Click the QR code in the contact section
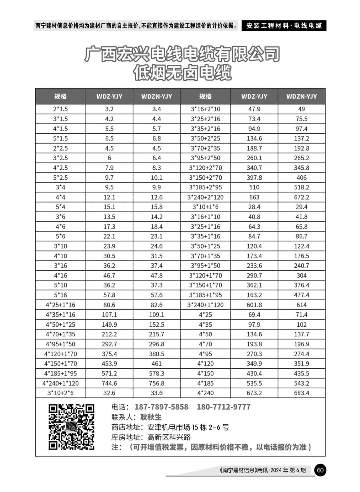click(72, 427)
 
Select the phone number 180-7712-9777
click(224, 407)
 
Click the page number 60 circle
click(320, 470)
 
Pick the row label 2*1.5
click(60, 109)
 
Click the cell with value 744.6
click(109, 383)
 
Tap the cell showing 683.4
click(302, 393)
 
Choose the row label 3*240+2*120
click(206, 197)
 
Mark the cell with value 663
click(254, 197)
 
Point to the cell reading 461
click(156, 363)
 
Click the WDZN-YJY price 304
click(302, 275)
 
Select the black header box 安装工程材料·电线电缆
click(284, 26)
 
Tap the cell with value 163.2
click(254, 295)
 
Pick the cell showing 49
click(302, 109)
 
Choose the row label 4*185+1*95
click(60, 374)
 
